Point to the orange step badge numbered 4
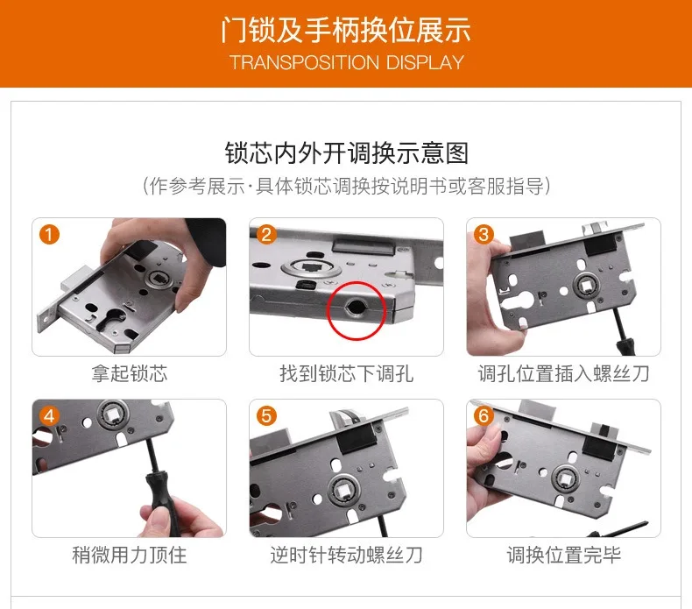(x=50, y=415)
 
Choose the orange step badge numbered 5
(x=267, y=415)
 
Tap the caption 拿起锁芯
(x=129, y=374)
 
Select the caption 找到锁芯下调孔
(x=346, y=374)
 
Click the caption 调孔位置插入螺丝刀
(x=563, y=374)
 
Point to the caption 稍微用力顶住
(x=129, y=556)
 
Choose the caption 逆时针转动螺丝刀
(x=346, y=556)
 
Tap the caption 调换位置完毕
(x=563, y=556)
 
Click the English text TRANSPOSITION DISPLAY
(x=346, y=63)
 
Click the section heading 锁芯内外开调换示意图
(x=346, y=152)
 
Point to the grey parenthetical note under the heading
(x=346, y=186)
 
